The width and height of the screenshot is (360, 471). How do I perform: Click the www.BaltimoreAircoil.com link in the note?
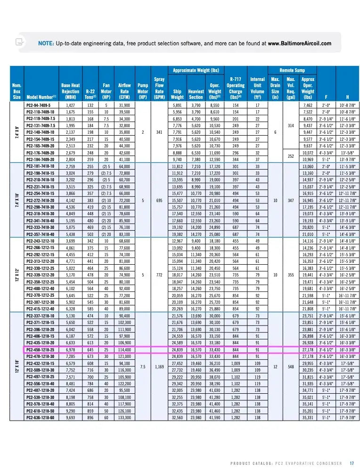coord(299,43)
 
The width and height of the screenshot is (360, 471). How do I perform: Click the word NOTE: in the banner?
coord(46,43)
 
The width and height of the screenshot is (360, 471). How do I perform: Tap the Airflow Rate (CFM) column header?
coord(124,91)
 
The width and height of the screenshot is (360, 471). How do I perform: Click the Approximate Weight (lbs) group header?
coord(196,70)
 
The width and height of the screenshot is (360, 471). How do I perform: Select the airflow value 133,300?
coord(124,430)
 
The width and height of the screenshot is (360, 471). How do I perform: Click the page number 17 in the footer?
coord(352,462)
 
